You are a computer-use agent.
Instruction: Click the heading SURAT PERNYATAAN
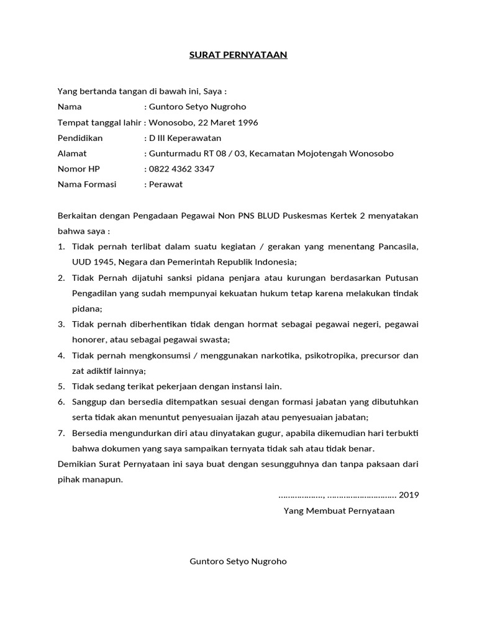point(238,55)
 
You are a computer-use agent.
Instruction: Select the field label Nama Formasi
point(87,184)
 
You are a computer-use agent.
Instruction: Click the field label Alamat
point(72,153)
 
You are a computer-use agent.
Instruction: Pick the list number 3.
point(61,324)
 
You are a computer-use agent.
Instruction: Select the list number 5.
point(61,386)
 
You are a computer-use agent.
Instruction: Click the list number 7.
point(61,433)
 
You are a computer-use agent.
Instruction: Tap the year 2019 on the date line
point(409,495)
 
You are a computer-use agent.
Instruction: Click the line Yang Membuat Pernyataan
point(339,511)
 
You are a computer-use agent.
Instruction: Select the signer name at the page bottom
point(238,561)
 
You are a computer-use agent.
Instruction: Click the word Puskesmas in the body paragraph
point(304,216)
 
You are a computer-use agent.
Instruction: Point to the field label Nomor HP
point(78,169)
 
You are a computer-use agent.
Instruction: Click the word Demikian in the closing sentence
point(77,464)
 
